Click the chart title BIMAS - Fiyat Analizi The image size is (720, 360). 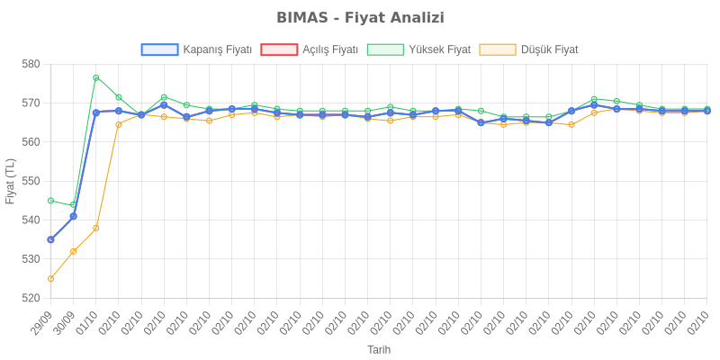click(360, 18)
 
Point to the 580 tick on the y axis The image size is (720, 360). click(31, 65)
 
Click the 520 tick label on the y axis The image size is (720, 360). click(31, 298)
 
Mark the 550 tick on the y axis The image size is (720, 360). click(31, 181)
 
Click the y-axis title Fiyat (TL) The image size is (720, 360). click(11, 181)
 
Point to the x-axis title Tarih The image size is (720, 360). click(378, 349)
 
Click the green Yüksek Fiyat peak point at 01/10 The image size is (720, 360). click(95, 77)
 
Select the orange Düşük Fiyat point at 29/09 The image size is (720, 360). click(50, 279)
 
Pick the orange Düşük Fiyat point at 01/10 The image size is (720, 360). click(95, 228)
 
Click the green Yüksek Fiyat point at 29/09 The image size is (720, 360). click(50, 201)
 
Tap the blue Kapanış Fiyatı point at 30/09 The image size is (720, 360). click(73, 216)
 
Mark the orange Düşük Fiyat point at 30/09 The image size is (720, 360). click(73, 251)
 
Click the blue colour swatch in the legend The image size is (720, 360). click(159, 50)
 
